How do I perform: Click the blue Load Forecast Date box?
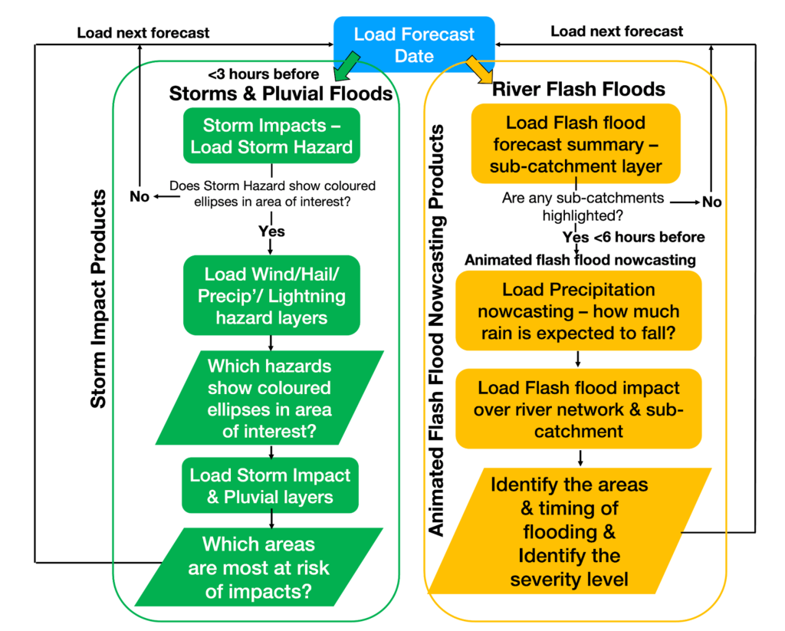click(x=414, y=44)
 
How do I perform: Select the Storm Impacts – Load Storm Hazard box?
click(x=271, y=136)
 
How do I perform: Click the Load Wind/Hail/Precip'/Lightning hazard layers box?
click(x=271, y=295)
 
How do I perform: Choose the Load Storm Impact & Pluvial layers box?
click(x=271, y=486)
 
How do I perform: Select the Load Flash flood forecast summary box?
click(x=576, y=144)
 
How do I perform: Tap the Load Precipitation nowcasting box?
click(x=579, y=312)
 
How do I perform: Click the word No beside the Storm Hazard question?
click(x=140, y=197)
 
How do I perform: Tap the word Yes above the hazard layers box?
click(x=271, y=232)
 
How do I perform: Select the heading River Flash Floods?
click(x=578, y=89)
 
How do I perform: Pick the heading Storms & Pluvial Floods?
click(x=281, y=94)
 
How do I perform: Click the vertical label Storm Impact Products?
click(x=98, y=300)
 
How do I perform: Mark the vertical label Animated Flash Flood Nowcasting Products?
click(x=437, y=330)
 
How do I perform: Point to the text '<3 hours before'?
click(x=263, y=75)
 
